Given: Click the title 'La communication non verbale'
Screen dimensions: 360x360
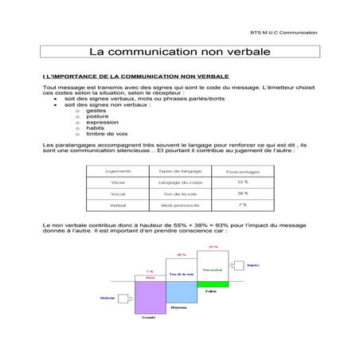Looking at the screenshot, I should coord(178,52).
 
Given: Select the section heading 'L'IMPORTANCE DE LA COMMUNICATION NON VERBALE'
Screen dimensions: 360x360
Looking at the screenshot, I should coord(135,75).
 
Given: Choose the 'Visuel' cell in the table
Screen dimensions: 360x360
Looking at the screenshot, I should coord(119,182).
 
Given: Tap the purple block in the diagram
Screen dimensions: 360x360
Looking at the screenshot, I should coord(150,296).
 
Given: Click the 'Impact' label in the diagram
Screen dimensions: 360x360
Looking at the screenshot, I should coord(254,264).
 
